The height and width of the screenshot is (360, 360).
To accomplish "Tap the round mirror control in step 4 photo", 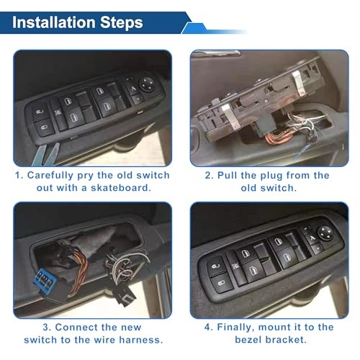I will click(317, 242).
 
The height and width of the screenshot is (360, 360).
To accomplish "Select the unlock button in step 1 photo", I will click(40, 113).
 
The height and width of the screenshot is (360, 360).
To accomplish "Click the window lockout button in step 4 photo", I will click(302, 253).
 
